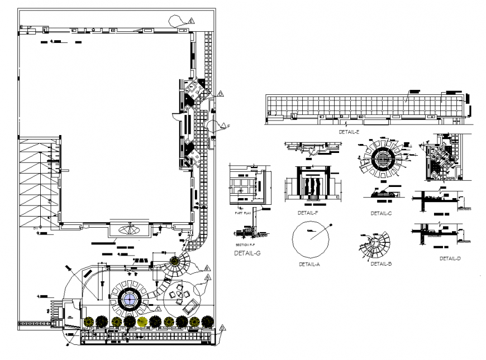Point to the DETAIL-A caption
point(309,264)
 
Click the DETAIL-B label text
point(380,263)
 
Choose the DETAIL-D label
point(450,258)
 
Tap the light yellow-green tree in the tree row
point(142,321)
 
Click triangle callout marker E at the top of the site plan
point(191,21)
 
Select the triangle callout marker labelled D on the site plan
point(221,93)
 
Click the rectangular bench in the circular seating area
point(190,305)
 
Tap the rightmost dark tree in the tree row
point(207,321)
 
